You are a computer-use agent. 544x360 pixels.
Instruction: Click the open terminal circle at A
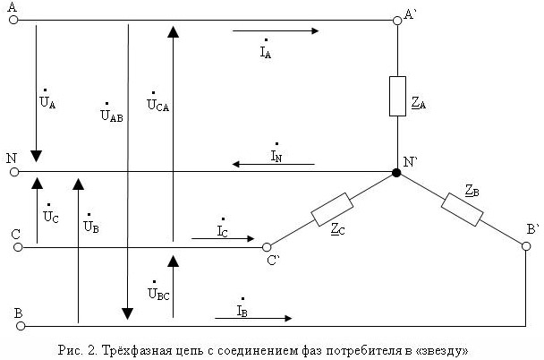coord(13,19)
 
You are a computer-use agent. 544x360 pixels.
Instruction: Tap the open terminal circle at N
coord(13,171)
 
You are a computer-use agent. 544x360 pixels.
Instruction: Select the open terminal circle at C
coord(14,247)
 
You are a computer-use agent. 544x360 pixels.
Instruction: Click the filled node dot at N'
coord(396,171)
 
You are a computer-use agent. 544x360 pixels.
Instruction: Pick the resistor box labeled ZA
coord(397,96)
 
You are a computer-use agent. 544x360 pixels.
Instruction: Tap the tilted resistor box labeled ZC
coord(331,210)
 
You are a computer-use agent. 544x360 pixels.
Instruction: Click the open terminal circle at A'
coord(397,19)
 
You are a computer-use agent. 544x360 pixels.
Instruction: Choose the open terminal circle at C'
coord(266,247)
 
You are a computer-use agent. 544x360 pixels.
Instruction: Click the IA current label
coord(266,50)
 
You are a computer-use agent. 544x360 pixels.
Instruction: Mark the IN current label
coord(276,154)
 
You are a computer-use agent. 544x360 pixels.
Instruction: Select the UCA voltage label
coord(157,101)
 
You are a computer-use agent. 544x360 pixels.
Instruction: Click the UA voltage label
coord(47,101)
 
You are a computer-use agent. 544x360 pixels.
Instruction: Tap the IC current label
coord(223,229)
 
